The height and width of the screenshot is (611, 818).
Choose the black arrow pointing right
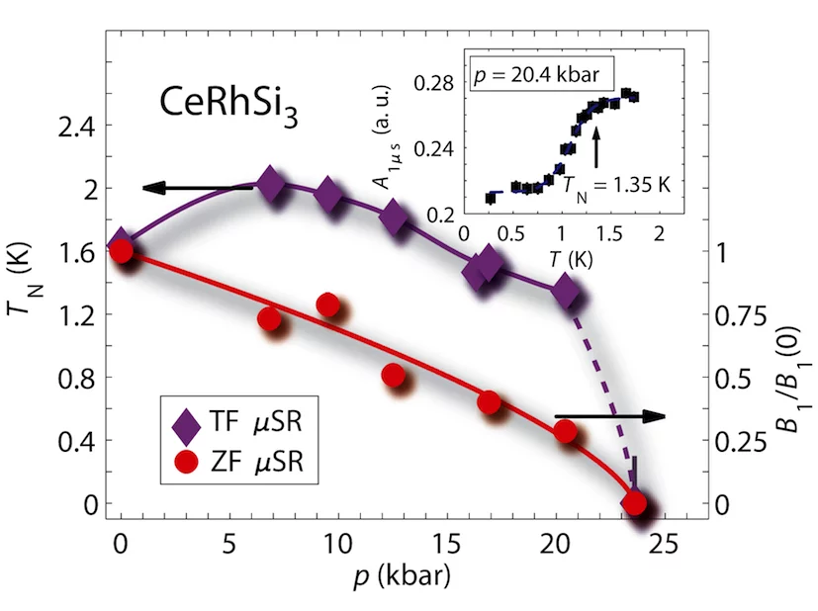[609, 417]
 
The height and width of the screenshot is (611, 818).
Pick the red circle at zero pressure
[121, 251]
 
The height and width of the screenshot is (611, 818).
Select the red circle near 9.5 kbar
[328, 305]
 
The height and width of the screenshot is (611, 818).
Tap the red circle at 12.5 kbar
[393, 376]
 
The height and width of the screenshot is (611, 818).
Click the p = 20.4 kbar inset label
[543, 75]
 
